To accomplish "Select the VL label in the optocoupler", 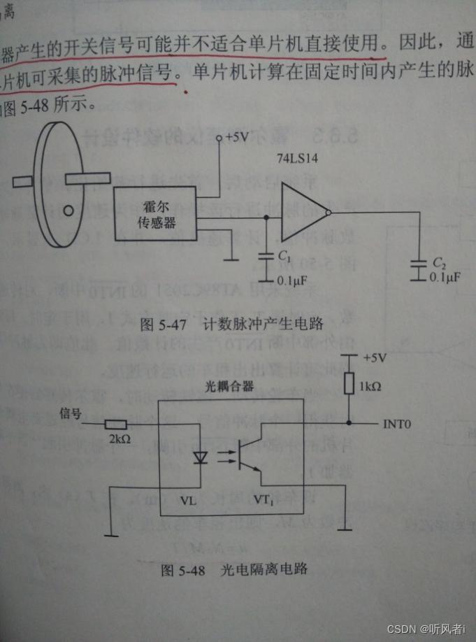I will (189, 500).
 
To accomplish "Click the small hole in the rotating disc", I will (68, 209).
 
